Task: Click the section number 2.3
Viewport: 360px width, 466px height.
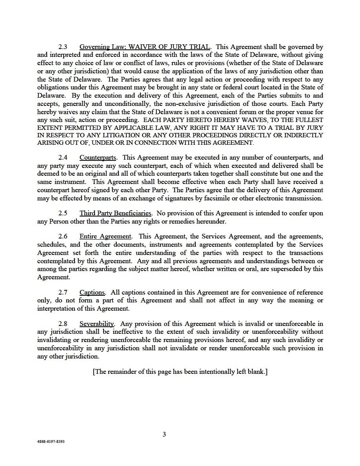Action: (63, 47)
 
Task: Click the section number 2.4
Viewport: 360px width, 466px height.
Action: (63, 158)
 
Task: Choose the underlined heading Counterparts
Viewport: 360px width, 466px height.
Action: (98, 158)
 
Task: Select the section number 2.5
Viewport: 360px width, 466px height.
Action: (63, 213)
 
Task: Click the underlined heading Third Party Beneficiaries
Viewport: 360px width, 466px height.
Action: (115, 213)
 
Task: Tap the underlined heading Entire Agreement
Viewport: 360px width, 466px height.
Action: (105, 237)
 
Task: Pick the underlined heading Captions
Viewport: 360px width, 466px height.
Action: (92, 293)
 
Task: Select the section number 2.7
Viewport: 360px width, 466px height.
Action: (63, 293)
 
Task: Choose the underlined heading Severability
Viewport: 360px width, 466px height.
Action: (96, 324)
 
